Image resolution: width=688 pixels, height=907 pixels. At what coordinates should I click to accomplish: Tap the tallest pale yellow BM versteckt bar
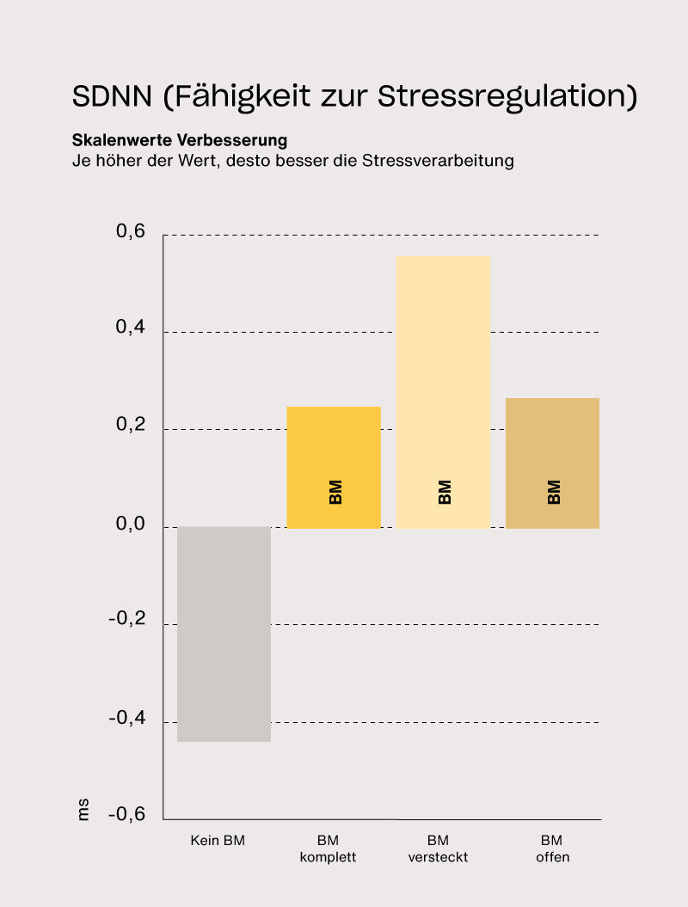pyautogui.click(x=443, y=391)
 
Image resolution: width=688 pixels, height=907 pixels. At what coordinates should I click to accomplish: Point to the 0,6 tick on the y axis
pyautogui.click(x=131, y=233)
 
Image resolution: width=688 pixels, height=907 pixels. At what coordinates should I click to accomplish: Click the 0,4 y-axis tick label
pyautogui.click(x=131, y=330)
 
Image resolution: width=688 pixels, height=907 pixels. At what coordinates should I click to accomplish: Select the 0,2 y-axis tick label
pyautogui.click(x=131, y=427)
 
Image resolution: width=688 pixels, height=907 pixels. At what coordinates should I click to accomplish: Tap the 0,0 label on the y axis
pyautogui.click(x=131, y=524)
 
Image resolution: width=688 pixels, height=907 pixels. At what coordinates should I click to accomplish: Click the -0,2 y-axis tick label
pyautogui.click(x=126, y=622)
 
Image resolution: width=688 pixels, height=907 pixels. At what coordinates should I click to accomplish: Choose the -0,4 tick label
pyautogui.click(x=126, y=719)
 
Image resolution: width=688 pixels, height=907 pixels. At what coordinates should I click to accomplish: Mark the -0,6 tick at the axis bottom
pyautogui.click(x=126, y=815)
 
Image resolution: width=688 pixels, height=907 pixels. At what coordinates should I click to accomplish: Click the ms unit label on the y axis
pyautogui.click(x=83, y=810)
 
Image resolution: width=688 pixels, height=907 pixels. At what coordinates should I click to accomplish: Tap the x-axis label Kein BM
pyautogui.click(x=218, y=841)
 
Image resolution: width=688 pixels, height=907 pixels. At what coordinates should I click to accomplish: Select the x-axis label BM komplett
pyautogui.click(x=328, y=849)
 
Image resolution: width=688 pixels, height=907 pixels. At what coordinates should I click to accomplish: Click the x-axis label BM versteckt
pyautogui.click(x=438, y=849)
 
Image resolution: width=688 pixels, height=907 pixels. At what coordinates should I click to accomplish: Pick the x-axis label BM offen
pyautogui.click(x=552, y=849)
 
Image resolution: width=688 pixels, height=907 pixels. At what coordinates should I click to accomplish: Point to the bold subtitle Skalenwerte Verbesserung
pyautogui.click(x=180, y=140)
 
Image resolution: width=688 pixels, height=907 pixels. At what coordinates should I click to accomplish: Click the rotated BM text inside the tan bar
pyautogui.click(x=554, y=492)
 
